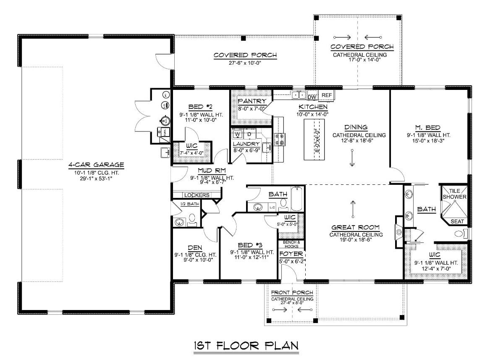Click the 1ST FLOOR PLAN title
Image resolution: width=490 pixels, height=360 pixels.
pyautogui.click(x=246, y=346)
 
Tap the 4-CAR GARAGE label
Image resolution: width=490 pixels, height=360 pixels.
pyautogui.click(x=96, y=165)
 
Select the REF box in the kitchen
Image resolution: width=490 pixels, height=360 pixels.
pyautogui.click(x=326, y=96)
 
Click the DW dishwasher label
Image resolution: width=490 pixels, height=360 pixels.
pyautogui.click(x=312, y=97)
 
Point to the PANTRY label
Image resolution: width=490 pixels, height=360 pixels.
pyautogui.click(x=252, y=101)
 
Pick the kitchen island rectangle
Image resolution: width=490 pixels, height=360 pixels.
pyautogui.click(x=314, y=139)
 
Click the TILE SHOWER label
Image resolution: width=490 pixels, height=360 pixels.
pyautogui.click(x=454, y=194)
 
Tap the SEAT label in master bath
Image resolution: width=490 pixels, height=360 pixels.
pyautogui.click(x=457, y=221)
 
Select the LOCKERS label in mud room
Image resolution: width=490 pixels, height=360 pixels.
pyautogui.click(x=197, y=195)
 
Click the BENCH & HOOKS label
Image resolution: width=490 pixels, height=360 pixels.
pyautogui.click(x=291, y=244)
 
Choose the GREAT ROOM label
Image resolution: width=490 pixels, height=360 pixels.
pyautogui.click(x=355, y=227)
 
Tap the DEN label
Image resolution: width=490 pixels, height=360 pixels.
pyautogui.click(x=195, y=247)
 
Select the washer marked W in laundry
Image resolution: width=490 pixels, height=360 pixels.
pyautogui.click(x=237, y=134)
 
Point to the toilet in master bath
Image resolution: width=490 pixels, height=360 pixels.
pyautogui.click(x=460, y=233)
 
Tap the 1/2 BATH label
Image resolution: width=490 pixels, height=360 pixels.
pyautogui.click(x=186, y=204)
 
